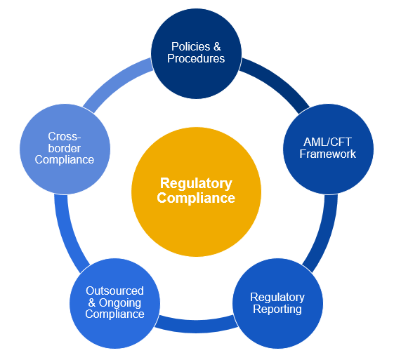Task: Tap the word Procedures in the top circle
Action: coord(196,59)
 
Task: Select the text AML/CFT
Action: coord(327,142)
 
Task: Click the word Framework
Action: coord(327,154)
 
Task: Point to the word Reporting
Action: coord(277,309)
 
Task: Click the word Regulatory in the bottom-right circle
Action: coord(277,298)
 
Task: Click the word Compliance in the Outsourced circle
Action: coord(114,314)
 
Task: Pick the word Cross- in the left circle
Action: coord(64,136)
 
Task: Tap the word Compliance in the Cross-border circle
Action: coord(64,160)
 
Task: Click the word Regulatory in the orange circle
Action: coord(196,184)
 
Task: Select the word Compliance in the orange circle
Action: coord(196,199)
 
